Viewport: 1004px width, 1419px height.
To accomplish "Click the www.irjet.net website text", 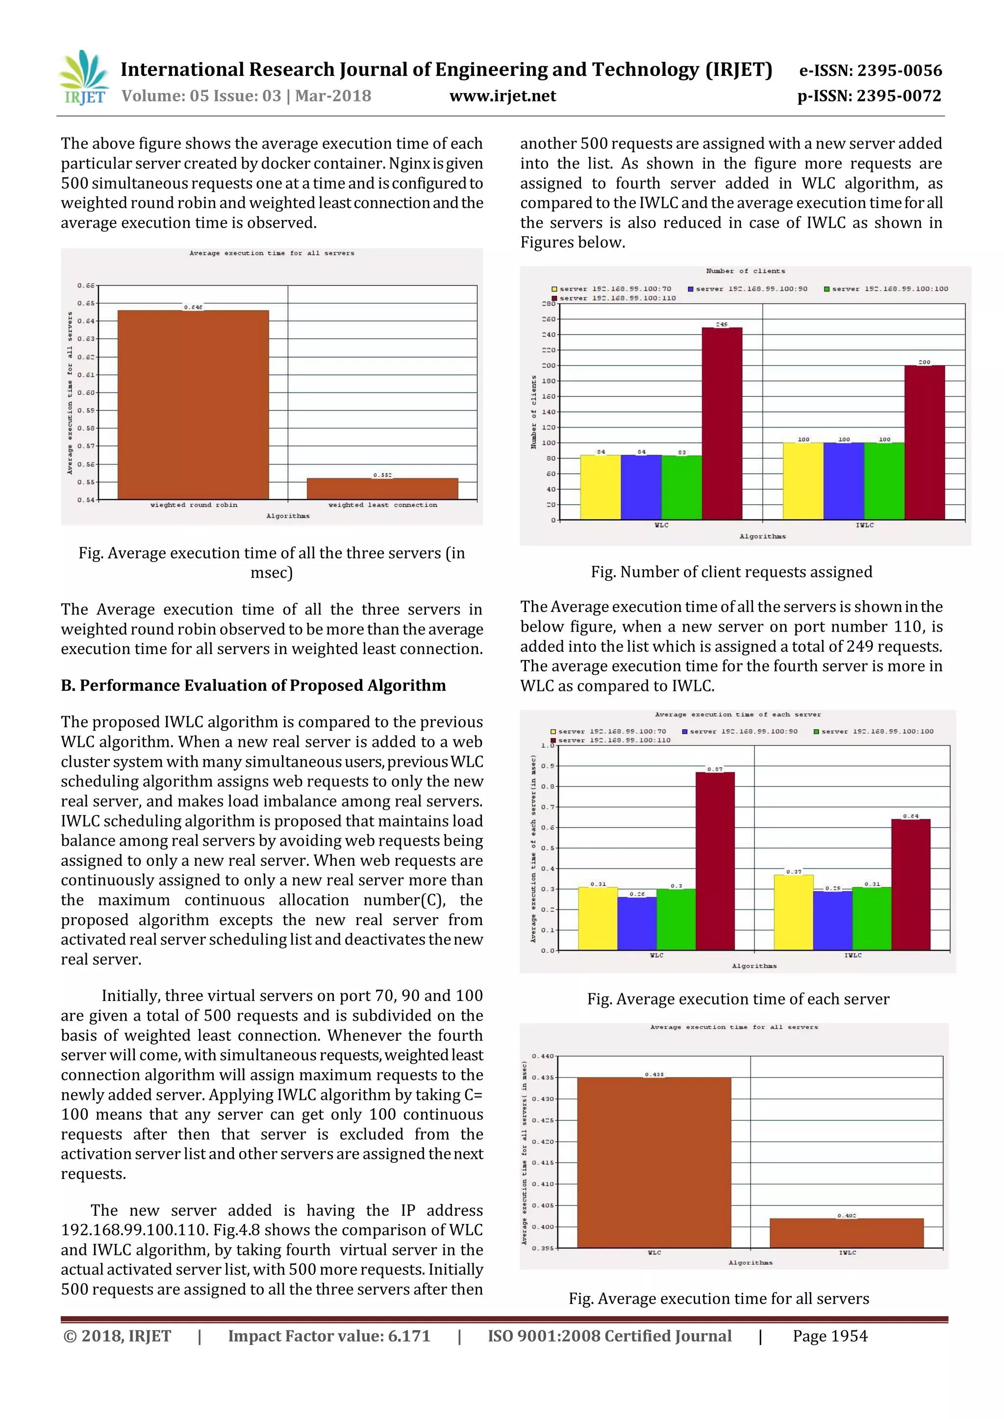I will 502,96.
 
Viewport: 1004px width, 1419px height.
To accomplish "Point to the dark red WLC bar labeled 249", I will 722,423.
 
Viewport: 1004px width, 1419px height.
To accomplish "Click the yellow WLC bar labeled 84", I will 601,487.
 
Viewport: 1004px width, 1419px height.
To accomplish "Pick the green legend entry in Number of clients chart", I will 885,289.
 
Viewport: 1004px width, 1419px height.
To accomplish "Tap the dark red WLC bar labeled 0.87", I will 715,860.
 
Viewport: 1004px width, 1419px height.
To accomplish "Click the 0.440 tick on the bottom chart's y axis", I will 542,1056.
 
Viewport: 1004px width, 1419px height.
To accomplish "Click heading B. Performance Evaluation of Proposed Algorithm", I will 253,685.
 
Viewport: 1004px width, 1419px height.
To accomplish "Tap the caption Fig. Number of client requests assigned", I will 731,572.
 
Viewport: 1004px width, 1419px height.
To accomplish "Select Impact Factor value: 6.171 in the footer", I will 329,1336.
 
